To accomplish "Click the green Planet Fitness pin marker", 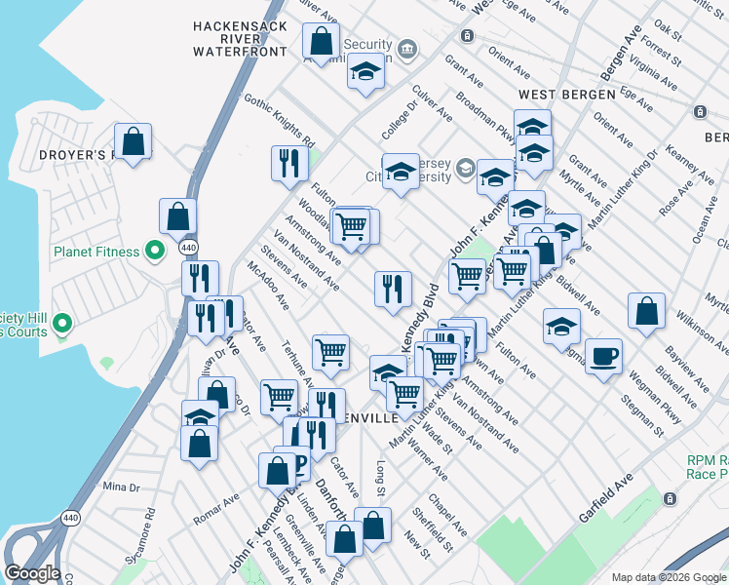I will pos(154,252).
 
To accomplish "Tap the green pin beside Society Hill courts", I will pos(62,322).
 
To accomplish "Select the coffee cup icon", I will pos(604,356).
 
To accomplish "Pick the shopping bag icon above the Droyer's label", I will pos(133,140).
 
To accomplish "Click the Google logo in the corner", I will pos(32,573).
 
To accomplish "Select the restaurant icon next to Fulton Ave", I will pos(288,163).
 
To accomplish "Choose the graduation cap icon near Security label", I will pos(365,71).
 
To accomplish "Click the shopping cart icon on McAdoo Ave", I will pos(331,352).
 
